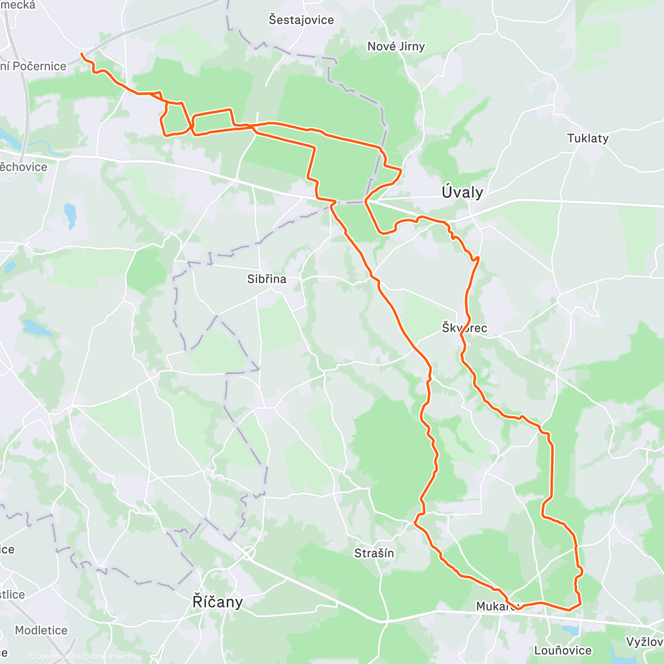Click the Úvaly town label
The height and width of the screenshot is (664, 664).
462,193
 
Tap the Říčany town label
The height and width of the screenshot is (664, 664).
217,601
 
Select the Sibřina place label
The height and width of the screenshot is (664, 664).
267,279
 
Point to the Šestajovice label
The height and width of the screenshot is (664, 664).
301,20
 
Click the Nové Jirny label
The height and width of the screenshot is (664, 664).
396,46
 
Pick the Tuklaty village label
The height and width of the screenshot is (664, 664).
588,138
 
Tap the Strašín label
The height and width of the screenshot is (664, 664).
374,553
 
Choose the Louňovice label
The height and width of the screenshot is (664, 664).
563,650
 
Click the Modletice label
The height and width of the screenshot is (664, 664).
41,630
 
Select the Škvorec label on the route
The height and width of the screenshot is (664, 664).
464,328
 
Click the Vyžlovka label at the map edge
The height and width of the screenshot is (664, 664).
645,642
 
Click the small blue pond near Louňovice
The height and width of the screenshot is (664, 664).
569,630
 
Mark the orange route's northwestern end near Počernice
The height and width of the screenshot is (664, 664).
82,54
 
